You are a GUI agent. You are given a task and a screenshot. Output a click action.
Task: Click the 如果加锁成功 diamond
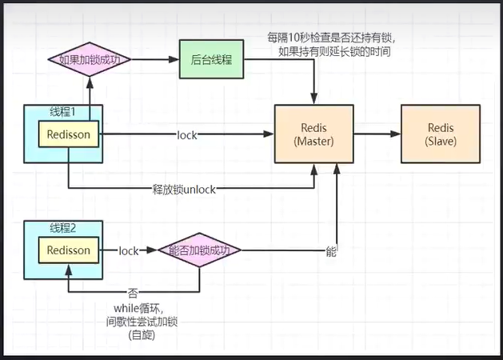(88, 59)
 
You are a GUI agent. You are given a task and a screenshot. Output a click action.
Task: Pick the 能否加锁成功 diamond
(199, 250)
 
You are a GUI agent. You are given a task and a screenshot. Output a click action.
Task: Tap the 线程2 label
(60, 228)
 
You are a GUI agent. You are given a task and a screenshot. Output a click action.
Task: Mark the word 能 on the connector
(331, 251)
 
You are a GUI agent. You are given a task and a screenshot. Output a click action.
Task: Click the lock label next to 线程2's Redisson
(129, 251)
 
